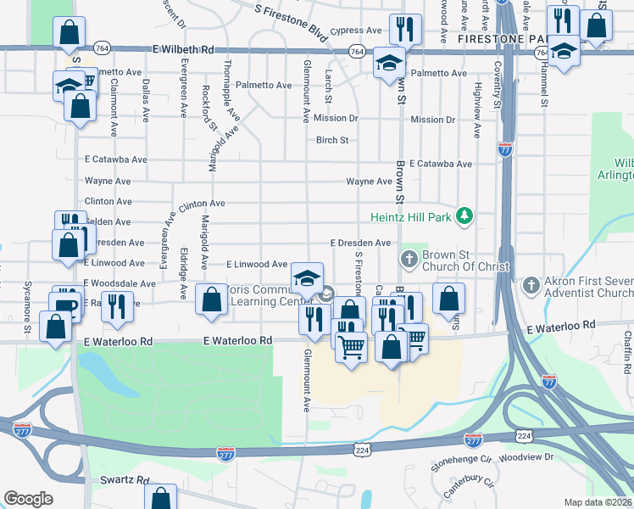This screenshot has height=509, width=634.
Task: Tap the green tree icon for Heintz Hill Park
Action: [x=464, y=216]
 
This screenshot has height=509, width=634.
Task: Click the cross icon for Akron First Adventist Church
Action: [x=531, y=284]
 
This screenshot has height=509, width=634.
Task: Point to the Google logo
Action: [x=28, y=498]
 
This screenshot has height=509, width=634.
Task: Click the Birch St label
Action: [x=332, y=140]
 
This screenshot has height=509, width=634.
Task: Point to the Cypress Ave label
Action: [x=356, y=31]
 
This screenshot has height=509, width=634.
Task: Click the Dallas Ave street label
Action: [x=147, y=96]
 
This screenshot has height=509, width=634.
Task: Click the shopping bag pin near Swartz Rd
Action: [x=160, y=497]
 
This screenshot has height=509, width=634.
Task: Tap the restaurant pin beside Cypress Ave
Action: [x=406, y=31]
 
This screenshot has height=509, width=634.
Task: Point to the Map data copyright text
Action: [x=598, y=502]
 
